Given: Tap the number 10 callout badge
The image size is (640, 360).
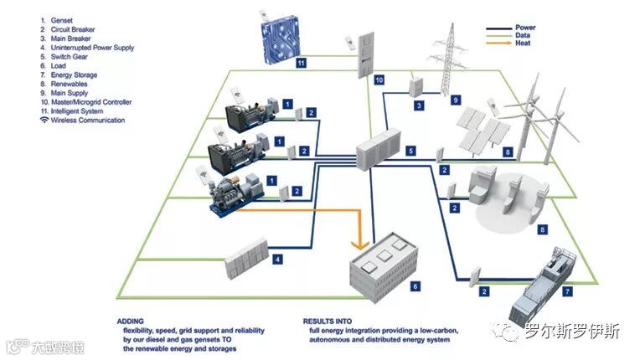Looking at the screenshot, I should click(x=379, y=80).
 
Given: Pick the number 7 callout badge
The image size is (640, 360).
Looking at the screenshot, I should click(x=567, y=291).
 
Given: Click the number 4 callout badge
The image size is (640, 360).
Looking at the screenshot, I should click(x=277, y=260).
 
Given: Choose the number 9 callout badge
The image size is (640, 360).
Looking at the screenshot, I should click(x=457, y=100).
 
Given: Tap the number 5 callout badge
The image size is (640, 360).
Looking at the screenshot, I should click(x=410, y=151).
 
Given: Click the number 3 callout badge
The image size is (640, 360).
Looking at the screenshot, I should click(x=419, y=106).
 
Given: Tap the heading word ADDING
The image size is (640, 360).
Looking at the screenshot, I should click(x=132, y=321).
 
